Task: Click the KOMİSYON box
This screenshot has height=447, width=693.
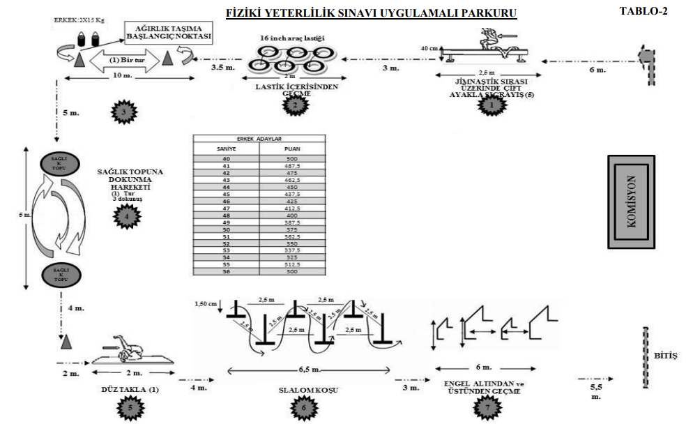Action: click(x=632, y=198)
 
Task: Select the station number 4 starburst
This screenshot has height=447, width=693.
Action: click(x=126, y=217)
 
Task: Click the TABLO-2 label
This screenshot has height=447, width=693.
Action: click(x=643, y=11)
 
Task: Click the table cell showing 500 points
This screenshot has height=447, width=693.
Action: click(x=292, y=159)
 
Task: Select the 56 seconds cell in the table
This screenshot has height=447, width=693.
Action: click(x=224, y=271)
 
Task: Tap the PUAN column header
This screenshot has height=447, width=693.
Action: click(x=292, y=149)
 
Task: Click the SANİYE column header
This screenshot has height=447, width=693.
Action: click(x=224, y=149)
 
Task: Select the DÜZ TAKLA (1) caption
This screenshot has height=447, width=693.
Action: click(x=130, y=390)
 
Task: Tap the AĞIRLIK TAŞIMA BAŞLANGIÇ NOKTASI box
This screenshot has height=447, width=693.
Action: click(x=168, y=31)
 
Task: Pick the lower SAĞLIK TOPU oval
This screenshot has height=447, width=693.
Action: click(x=59, y=274)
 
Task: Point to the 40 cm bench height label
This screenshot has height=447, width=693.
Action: click(x=429, y=49)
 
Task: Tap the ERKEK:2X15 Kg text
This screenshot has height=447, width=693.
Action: click(x=80, y=21)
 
